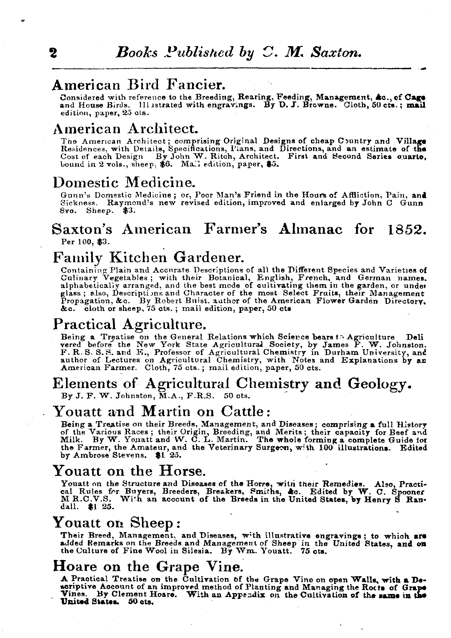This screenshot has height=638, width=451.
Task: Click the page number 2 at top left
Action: (x=53, y=53)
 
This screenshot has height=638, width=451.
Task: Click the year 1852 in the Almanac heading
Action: (x=406, y=229)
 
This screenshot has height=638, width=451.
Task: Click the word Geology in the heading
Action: (x=379, y=383)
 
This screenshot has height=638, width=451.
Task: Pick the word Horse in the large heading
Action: (x=181, y=471)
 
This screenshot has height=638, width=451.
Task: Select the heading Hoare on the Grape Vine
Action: (x=148, y=567)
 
